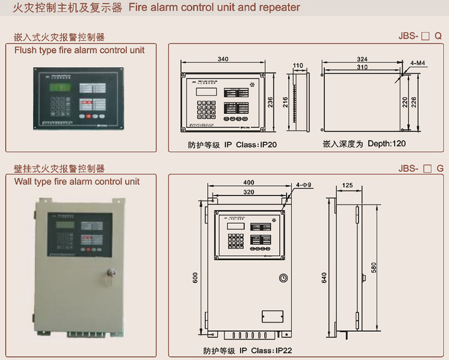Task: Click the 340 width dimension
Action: click(222, 59)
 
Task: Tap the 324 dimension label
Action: click(362, 58)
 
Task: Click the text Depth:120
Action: click(386, 144)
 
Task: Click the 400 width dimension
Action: click(248, 183)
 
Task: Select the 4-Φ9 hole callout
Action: click(305, 185)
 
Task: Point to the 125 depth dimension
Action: click(347, 185)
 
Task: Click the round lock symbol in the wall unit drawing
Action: click(283, 278)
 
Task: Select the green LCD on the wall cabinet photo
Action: click(60, 224)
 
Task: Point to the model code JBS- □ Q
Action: click(420, 36)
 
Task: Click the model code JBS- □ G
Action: click(420, 168)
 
